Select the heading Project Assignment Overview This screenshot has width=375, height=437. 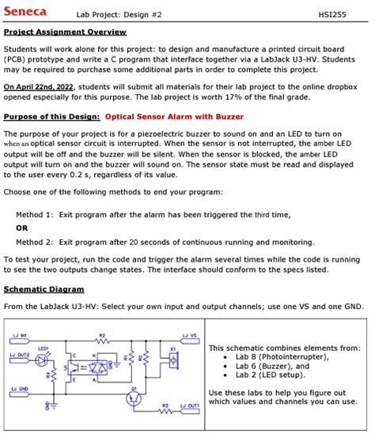[65, 32]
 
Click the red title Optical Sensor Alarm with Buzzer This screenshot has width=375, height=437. [174, 116]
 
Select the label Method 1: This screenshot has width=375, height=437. [35, 214]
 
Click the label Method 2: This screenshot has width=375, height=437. [35, 242]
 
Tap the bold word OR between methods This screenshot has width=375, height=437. [22, 228]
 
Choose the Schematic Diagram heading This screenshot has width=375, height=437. [44, 289]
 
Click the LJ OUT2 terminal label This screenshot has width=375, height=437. [21, 356]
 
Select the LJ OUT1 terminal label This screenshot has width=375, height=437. [189, 406]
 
